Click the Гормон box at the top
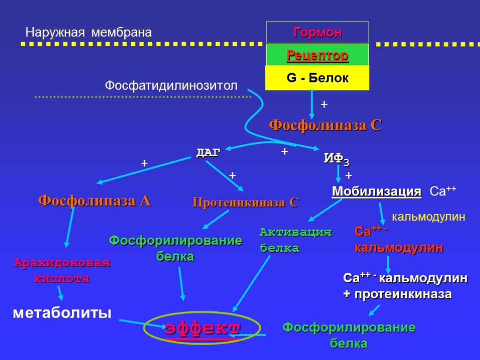coord(317,32)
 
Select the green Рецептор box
coord(317,55)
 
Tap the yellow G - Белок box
coord(317,78)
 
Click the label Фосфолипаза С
coord(325,126)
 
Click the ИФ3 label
coord(336,159)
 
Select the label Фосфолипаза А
coord(94,201)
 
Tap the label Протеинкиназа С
coord(246,202)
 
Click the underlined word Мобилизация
coord(376,192)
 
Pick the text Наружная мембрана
coord(89,32)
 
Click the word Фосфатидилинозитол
coord(171,86)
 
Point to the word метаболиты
coord(62,312)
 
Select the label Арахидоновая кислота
coord(62,270)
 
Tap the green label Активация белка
coord(295,240)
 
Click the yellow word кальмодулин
coord(428,217)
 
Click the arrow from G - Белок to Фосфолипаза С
coord(312,104)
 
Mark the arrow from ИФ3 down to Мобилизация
coord(338,174)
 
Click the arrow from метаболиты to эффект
coord(141,322)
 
